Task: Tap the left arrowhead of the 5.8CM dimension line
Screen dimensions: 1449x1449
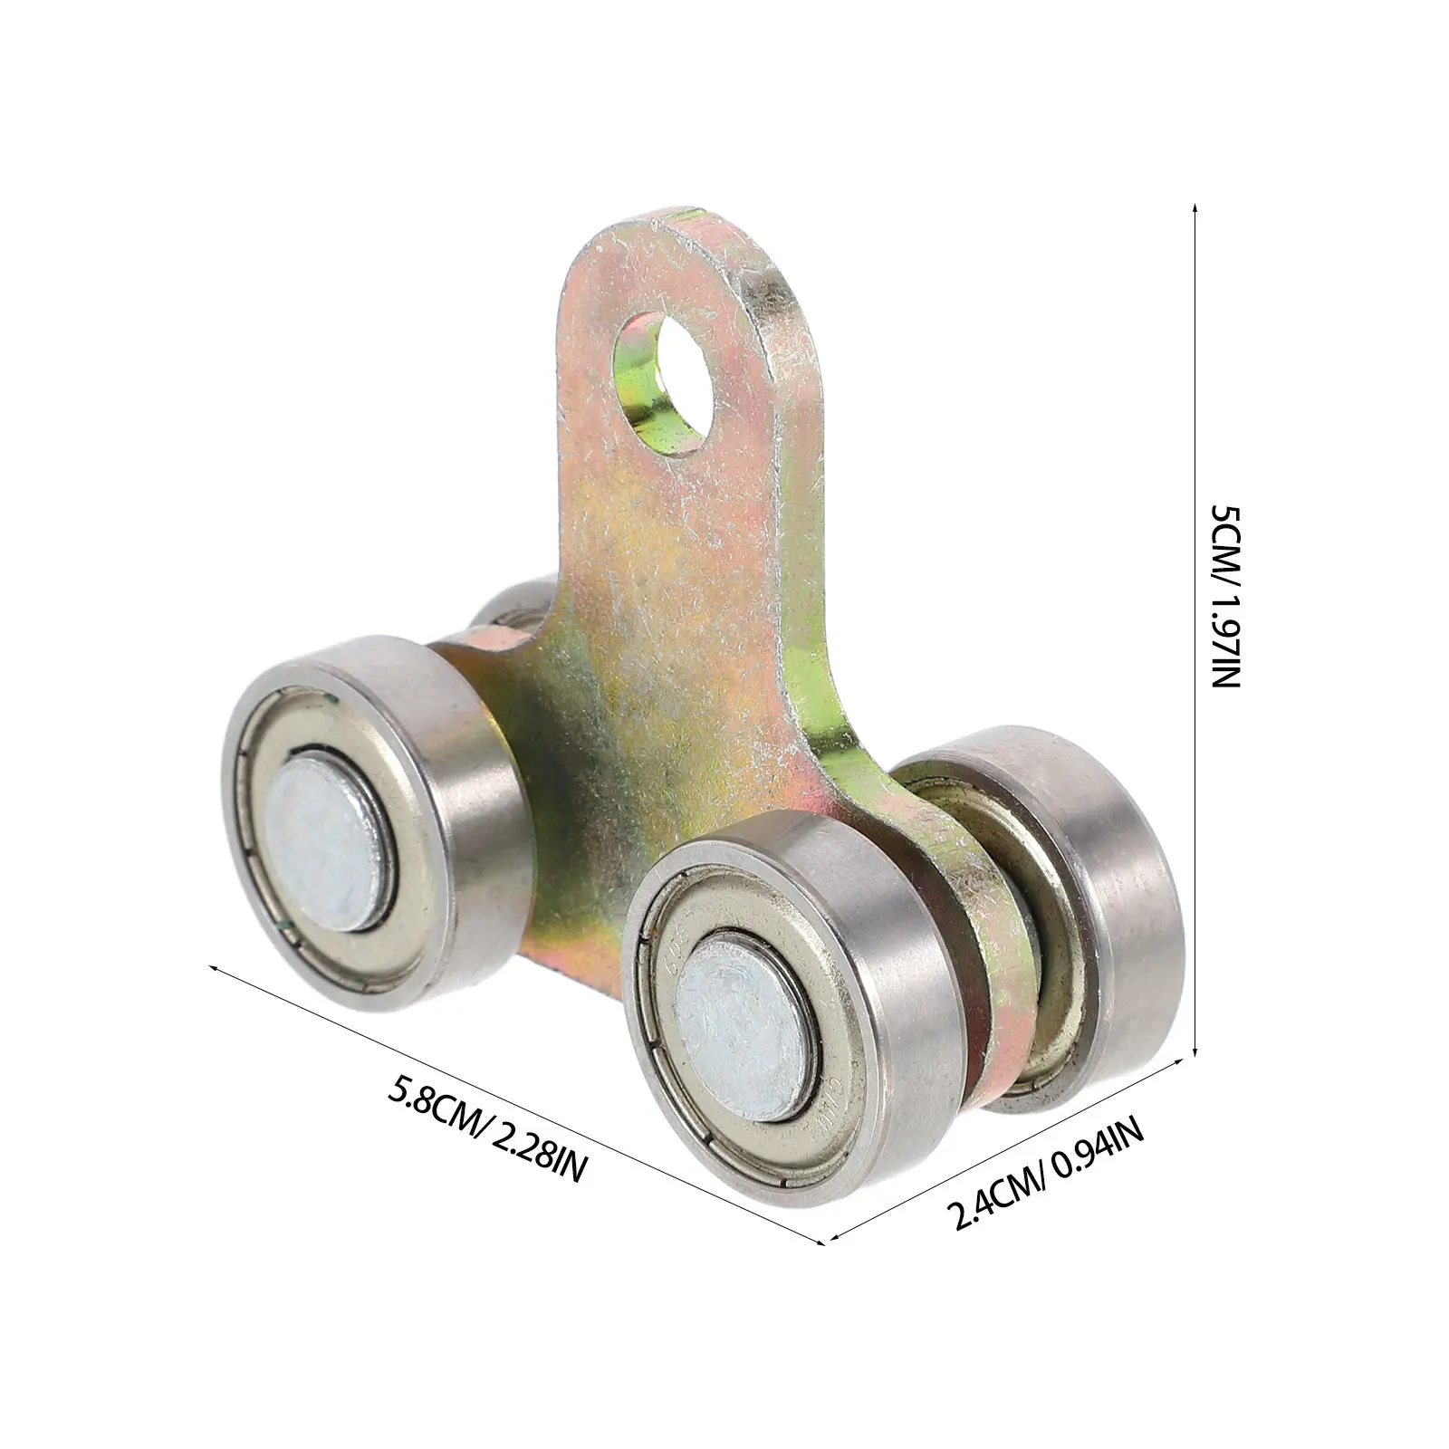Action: [x=216, y=968]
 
